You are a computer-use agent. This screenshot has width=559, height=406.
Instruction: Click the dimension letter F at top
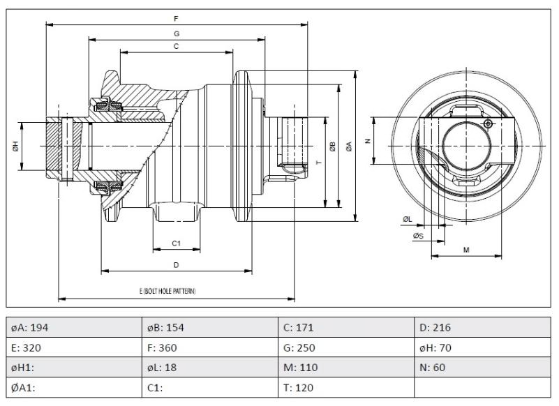[176, 18]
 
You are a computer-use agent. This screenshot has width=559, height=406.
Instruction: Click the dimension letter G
[177, 33]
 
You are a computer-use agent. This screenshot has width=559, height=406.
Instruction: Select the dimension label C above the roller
[176, 46]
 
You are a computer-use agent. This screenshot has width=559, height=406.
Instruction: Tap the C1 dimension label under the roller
[177, 243]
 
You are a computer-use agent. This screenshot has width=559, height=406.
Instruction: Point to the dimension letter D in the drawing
[177, 265]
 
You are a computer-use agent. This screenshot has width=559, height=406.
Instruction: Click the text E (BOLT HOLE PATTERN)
[167, 290]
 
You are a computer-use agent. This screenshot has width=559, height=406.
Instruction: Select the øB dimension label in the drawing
[333, 146]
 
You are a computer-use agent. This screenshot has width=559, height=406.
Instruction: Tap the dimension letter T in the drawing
[318, 161]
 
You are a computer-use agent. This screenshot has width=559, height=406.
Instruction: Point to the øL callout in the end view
[408, 219]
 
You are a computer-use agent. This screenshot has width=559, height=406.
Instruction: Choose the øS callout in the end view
[417, 236]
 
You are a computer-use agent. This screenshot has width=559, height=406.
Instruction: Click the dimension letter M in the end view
[465, 249]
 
